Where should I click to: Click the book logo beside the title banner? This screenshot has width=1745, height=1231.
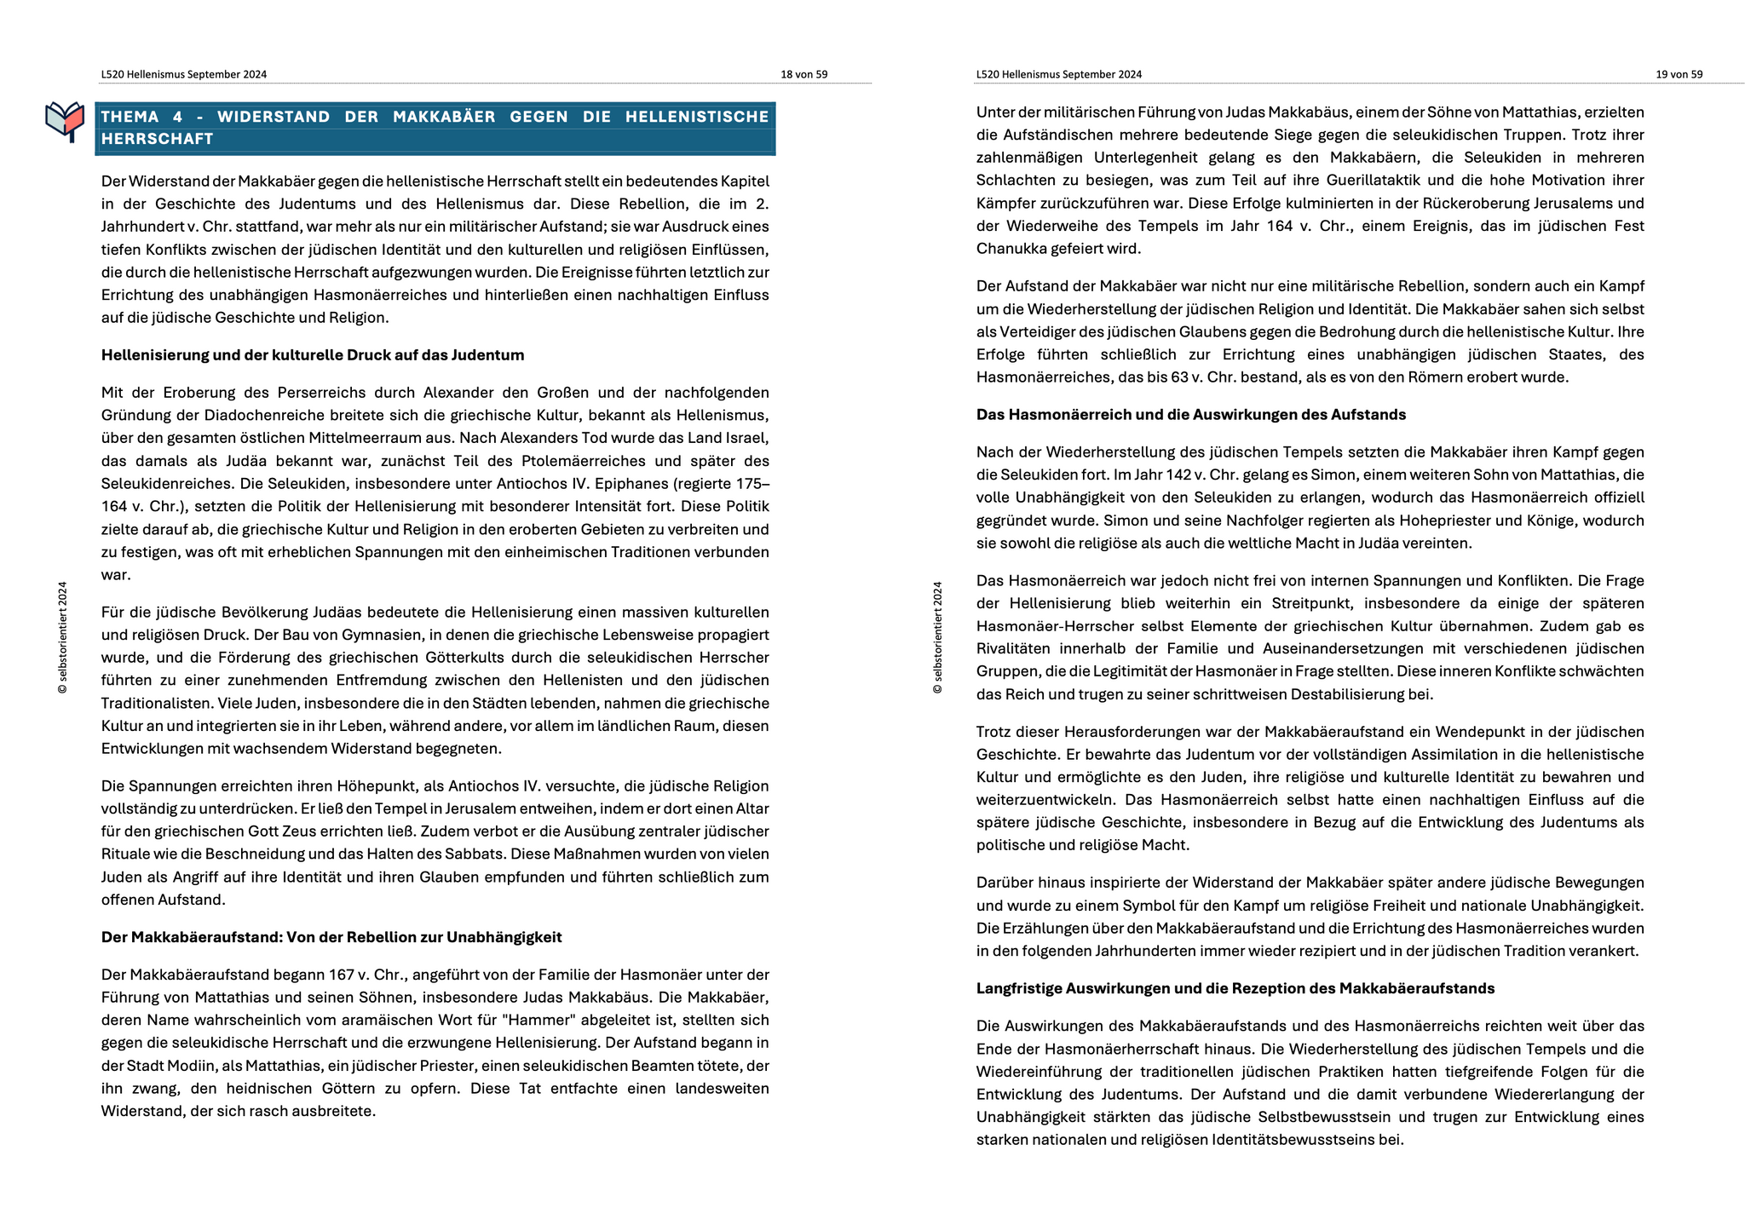click(x=65, y=121)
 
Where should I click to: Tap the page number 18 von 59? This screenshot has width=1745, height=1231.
click(x=803, y=74)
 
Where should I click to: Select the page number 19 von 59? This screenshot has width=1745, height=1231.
click(x=1679, y=74)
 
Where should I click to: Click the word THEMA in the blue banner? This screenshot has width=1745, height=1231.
click(x=130, y=117)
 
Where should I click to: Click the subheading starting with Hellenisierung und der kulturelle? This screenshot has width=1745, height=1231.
click(x=312, y=355)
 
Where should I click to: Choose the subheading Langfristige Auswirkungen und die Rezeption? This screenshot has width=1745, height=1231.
click(x=1235, y=988)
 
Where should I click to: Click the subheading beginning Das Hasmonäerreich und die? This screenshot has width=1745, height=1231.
click(x=1190, y=415)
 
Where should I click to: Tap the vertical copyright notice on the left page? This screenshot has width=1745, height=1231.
click(x=62, y=637)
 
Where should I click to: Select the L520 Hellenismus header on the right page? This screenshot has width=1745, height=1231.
click(x=1058, y=74)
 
